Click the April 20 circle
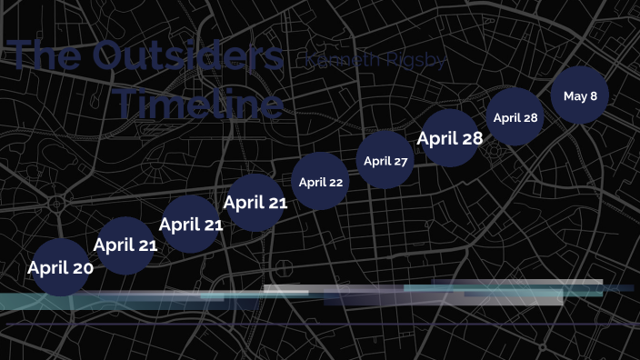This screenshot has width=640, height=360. tap(61, 267)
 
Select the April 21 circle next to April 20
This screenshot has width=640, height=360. tap(125, 245)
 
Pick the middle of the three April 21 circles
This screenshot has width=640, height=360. tap(191, 224)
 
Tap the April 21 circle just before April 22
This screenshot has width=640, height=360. tap(255, 203)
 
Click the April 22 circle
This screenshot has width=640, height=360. tap(321, 182)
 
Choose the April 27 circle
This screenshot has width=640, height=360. tap(385, 161)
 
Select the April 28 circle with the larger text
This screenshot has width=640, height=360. tap(450, 138)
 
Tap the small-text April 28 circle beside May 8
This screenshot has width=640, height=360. tap(515, 117)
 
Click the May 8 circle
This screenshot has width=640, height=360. tap(580, 95)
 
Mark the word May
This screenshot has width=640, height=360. tap(575, 95)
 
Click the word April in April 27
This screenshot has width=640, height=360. tap(376, 161)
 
